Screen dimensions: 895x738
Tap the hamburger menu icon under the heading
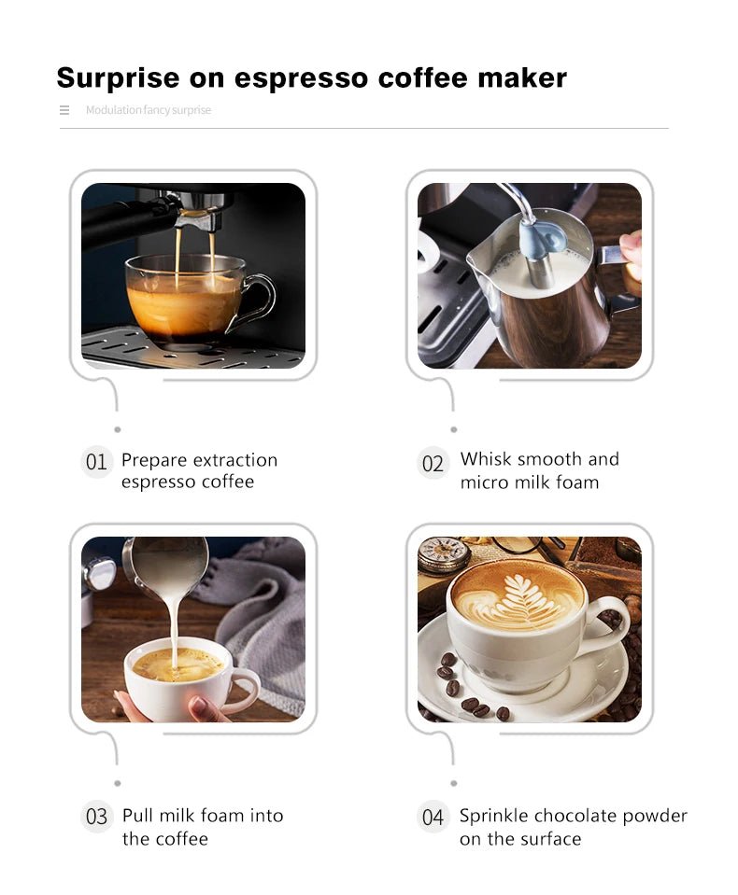click(64, 110)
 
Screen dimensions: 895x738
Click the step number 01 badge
click(96, 462)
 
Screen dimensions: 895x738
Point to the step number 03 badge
click(97, 817)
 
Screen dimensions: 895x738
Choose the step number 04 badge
click(433, 818)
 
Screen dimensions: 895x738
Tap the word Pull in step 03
click(137, 816)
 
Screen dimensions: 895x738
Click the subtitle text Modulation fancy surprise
click(149, 110)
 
